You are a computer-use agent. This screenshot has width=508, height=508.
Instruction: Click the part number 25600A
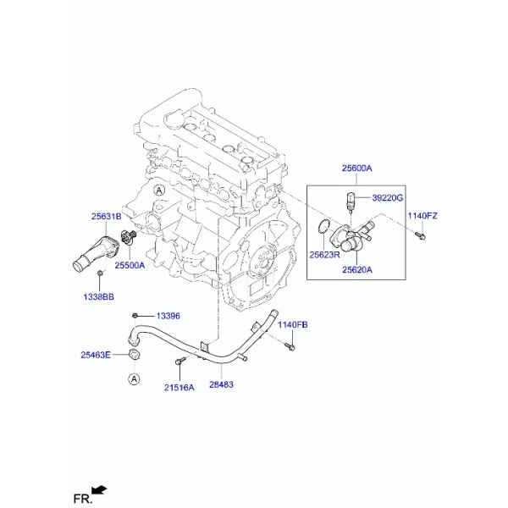[x=356, y=168]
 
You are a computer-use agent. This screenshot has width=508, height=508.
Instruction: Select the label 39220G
[x=387, y=197]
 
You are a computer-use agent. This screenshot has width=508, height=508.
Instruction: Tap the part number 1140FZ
[x=422, y=216]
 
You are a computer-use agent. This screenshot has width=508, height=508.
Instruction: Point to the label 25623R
[x=324, y=255]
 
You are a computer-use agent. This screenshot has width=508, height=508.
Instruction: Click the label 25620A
[x=357, y=269]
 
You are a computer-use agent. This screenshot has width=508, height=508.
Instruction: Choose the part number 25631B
[x=107, y=216]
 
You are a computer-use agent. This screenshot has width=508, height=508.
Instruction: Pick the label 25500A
[x=130, y=265]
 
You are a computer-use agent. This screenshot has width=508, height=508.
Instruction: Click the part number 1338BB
[x=99, y=297]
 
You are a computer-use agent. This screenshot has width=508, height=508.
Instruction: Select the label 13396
[x=168, y=316]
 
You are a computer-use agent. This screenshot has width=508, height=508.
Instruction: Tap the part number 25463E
[x=96, y=355]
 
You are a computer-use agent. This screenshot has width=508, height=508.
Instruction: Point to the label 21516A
[x=179, y=388]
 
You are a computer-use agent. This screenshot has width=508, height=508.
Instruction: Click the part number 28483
[x=221, y=384]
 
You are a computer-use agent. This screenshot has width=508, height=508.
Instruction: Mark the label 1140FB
[x=293, y=324]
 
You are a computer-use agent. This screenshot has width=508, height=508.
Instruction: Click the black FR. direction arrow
[x=99, y=490]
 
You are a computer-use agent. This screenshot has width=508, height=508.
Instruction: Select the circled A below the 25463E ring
[x=134, y=378]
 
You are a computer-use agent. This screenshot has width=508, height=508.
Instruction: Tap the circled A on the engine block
[x=159, y=190]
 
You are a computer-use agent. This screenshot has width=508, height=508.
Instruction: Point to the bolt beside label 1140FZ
[x=421, y=236]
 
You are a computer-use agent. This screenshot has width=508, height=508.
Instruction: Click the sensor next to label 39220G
[x=351, y=202]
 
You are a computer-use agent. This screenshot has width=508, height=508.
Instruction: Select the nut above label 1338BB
[x=100, y=274]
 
